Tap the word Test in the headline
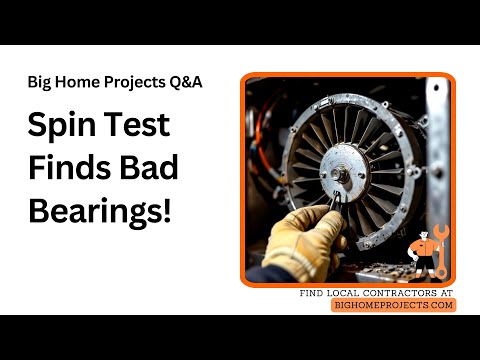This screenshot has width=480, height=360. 140,128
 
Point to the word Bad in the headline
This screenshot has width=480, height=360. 151,169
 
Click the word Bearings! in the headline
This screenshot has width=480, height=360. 100,211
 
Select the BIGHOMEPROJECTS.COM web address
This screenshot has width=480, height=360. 393,305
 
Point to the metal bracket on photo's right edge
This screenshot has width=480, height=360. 437,150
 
